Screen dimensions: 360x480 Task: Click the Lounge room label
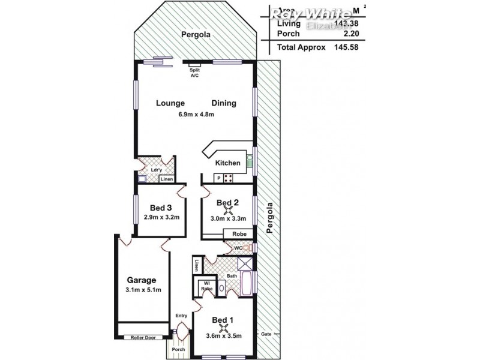(170, 103)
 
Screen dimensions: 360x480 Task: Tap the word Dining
(223, 103)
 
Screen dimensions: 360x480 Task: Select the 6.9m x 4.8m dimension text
(196, 115)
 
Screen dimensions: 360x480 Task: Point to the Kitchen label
(227, 163)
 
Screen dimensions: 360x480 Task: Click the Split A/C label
(194, 73)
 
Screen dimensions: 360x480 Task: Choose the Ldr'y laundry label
(155, 169)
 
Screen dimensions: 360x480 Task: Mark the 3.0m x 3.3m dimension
(227, 219)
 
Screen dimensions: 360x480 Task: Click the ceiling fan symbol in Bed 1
(223, 328)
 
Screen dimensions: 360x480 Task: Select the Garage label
(142, 280)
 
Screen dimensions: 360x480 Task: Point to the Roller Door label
(143, 338)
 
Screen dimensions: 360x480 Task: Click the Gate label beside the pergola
(266, 333)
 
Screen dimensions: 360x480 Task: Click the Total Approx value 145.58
(346, 47)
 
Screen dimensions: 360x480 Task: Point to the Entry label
(181, 316)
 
